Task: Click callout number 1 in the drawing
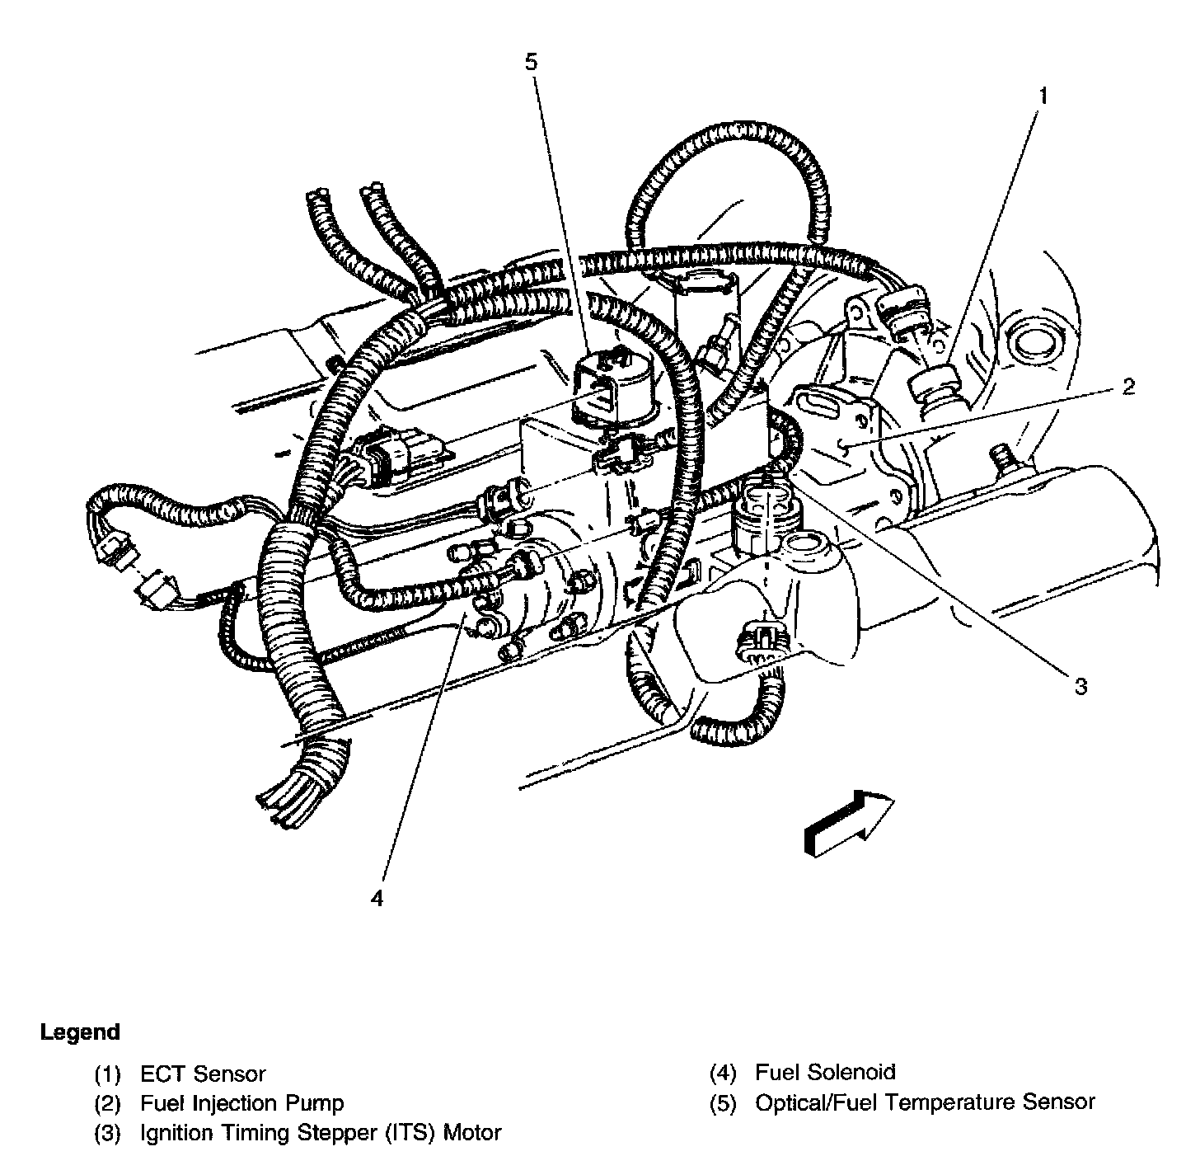(x=1043, y=96)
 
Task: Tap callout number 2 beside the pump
(x=1127, y=386)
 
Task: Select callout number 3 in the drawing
(x=1080, y=686)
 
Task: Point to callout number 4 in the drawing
(x=377, y=898)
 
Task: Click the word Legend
(x=80, y=1032)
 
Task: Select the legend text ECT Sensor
(x=204, y=1074)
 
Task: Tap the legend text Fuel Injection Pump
(x=242, y=1103)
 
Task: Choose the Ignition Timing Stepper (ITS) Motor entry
(x=321, y=1133)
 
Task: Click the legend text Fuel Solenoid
(x=825, y=1073)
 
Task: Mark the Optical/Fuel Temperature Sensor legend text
(x=925, y=1102)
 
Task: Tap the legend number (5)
(x=723, y=1102)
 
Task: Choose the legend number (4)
(x=723, y=1073)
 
